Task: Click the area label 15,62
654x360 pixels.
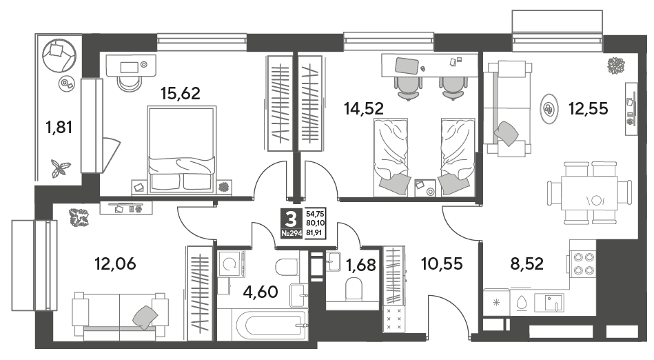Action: pos(181,94)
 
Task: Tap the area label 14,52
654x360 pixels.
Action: pos(364,108)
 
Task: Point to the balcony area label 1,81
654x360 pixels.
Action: pos(59,127)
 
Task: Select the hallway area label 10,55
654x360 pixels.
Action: pos(442,264)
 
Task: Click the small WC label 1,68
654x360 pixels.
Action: pos(361,265)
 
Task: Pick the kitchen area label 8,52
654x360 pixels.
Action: pos(527,264)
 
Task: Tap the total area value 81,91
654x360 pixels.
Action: pos(314,233)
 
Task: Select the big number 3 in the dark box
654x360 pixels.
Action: pos(291,219)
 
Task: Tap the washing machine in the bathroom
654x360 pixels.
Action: pos(231,264)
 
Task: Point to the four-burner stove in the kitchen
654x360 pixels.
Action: pos(584,264)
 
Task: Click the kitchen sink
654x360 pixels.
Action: pos(550,302)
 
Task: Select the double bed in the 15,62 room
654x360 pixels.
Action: pos(182,150)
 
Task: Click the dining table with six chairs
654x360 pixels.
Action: pos(589,193)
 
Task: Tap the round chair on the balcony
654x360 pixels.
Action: pos(59,56)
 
